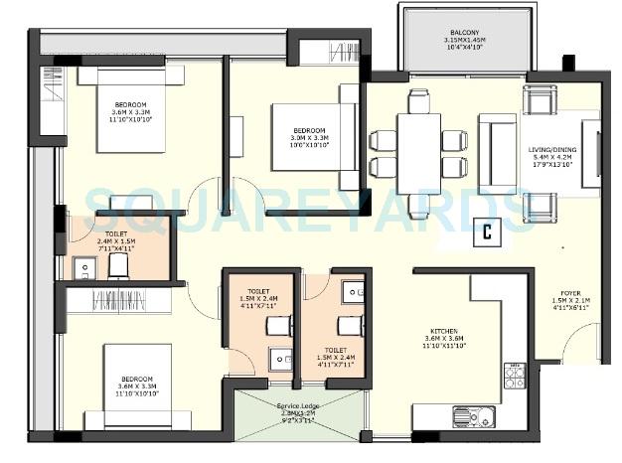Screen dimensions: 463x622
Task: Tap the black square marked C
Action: [x=487, y=231]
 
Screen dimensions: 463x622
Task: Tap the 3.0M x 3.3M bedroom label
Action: [x=309, y=136]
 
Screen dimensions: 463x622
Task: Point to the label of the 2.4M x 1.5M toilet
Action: [x=115, y=238]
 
